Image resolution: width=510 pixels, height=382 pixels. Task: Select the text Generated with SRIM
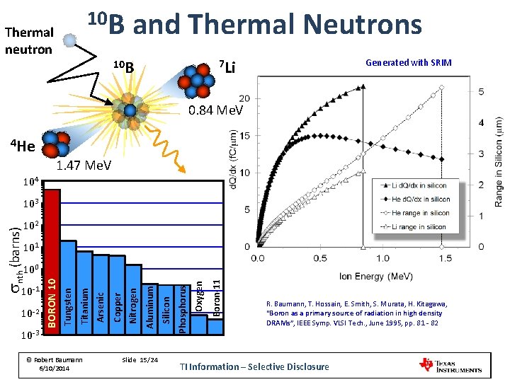(x=408, y=63)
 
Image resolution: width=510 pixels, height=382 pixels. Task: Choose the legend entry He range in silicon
(x=419, y=213)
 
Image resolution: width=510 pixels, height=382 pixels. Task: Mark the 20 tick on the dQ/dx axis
(x=244, y=98)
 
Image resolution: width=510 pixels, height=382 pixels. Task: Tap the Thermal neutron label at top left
(x=28, y=40)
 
